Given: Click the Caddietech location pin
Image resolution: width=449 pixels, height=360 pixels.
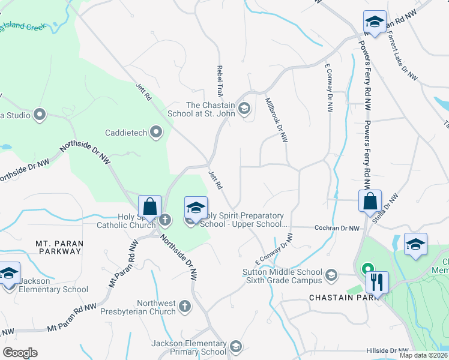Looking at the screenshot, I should [157, 132].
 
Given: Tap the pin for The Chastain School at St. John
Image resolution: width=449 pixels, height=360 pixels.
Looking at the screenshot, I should [244, 109].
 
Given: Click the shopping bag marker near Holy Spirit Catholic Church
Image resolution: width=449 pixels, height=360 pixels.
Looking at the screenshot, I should [149, 207].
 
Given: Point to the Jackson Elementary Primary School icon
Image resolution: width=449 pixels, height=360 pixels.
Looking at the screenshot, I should [235, 346].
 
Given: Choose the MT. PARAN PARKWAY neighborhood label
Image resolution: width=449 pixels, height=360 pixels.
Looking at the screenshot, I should [59, 247].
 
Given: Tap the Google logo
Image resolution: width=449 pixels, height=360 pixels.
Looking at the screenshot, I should [20, 353].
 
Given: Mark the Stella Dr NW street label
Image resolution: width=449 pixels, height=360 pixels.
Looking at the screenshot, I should [385, 209].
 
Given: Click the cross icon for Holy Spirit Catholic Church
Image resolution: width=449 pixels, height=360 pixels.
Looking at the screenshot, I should [165, 220].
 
